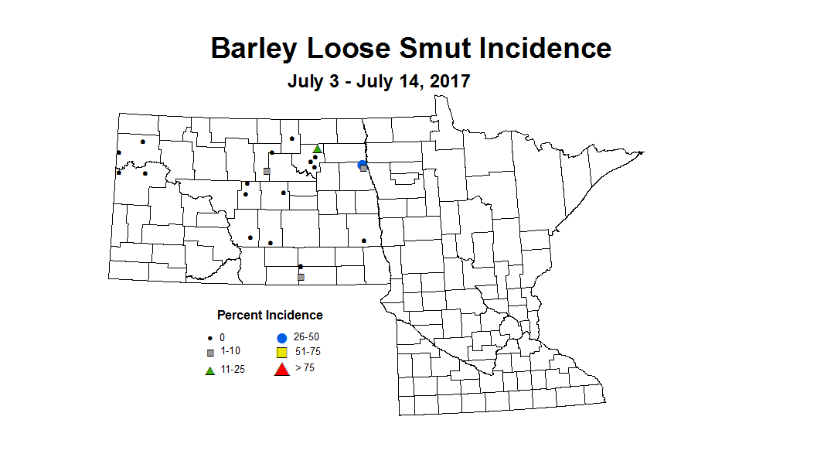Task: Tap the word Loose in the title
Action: pyautogui.click(x=349, y=48)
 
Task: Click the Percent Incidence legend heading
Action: pyautogui.click(x=270, y=315)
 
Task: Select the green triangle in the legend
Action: pyautogui.click(x=209, y=370)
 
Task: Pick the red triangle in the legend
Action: pyautogui.click(x=281, y=369)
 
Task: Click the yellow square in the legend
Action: pyautogui.click(x=281, y=353)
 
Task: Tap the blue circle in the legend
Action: pyautogui.click(x=281, y=338)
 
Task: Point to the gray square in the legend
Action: pyautogui.click(x=209, y=353)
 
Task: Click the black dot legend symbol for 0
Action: pyautogui.click(x=209, y=339)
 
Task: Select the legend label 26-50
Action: pyautogui.click(x=307, y=337)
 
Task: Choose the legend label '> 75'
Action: pyautogui.click(x=305, y=367)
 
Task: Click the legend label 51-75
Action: pyautogui.click(x=308, y=352)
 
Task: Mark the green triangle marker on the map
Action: pyautogui.click(x=317, y=148)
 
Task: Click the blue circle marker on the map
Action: pyautogui.click(x=361, y=164)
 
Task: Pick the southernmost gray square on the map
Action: pyautogui.click(x=301, y=276)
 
